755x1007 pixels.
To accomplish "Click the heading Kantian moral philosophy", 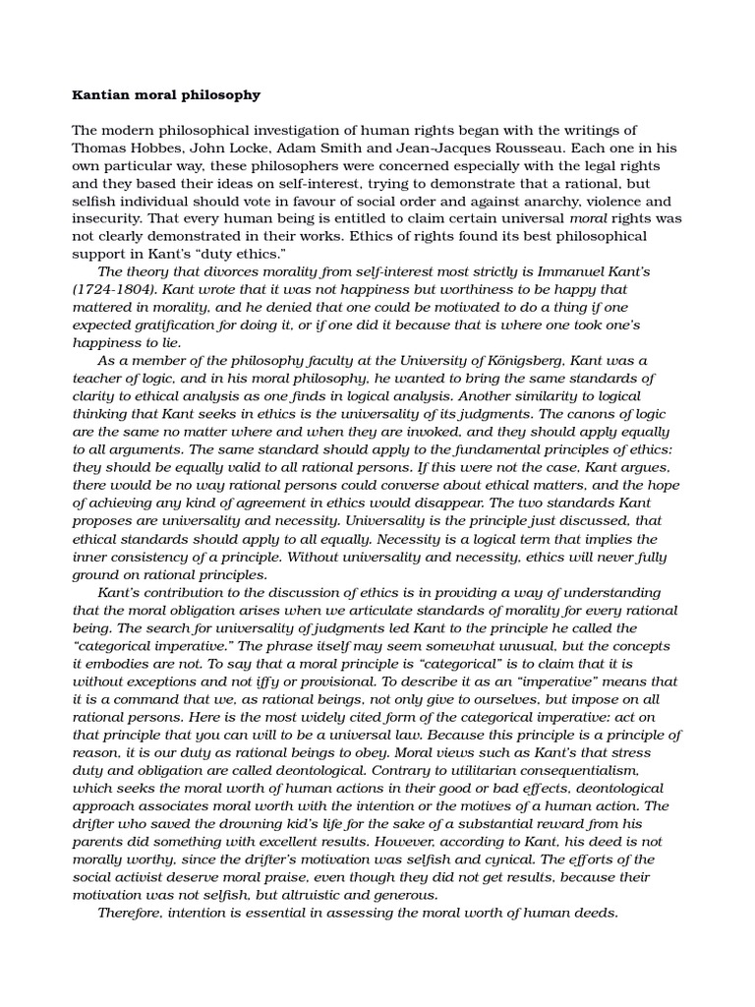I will pos(166,95).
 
